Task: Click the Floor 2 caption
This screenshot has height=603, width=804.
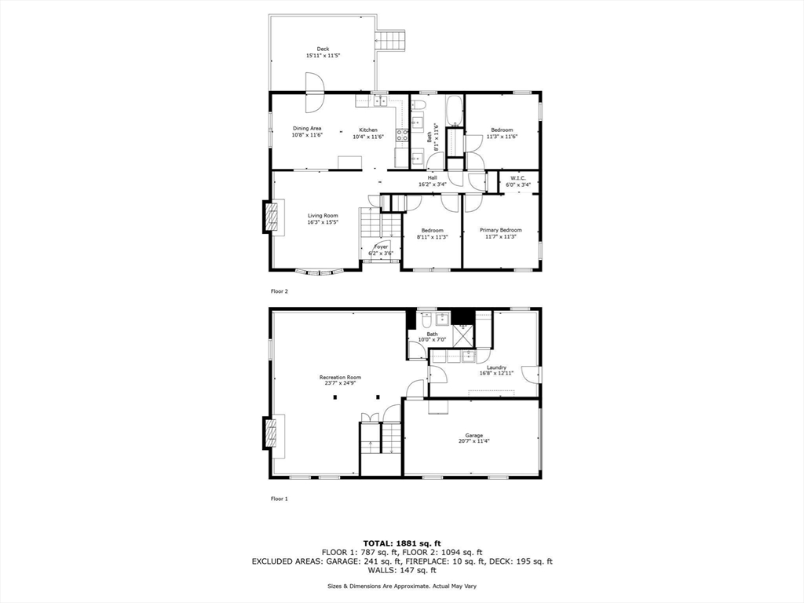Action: coord(280,291)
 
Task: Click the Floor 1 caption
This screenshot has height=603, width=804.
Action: coord(280,499)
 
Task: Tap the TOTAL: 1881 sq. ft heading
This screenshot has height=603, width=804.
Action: coord(401,543)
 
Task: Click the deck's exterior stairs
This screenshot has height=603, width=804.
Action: coord(393,40)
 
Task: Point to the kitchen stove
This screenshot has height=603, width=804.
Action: coord(402,135)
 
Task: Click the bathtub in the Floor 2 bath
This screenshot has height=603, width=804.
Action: coord(454,111)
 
